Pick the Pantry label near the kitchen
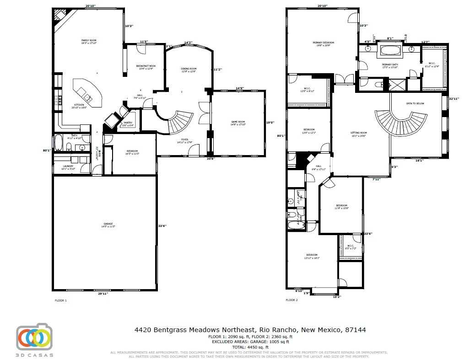tap(128, 124)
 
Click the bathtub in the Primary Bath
tap(390, 50)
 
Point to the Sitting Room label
tap(359, 134)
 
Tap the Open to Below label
tap(415, 103)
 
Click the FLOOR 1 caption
tap(61, 301)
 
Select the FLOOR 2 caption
tap(291, 301)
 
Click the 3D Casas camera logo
tap(34, 338)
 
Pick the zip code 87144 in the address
tap(356, 330)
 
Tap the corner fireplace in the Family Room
tap(59, 16)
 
